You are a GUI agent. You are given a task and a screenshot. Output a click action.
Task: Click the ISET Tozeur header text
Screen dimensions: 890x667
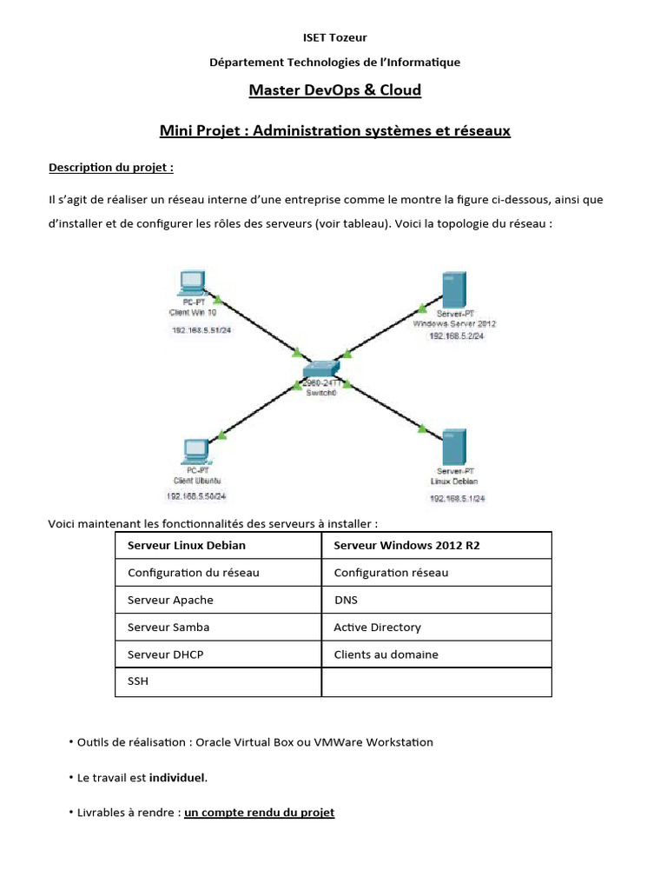pyautogui.click(x=334, y=37)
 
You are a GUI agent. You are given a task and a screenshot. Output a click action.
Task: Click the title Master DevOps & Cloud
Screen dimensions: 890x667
pyautogui.click(x=334, y=90)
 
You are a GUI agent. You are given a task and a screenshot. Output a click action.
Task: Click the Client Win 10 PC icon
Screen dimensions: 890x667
pyautogui.click(x=189, y=283)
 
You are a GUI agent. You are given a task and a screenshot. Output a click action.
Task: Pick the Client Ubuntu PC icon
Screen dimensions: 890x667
pyautogui.click(x=195, y=450)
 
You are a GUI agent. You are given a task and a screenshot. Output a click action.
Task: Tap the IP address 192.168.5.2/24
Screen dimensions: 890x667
pyautogui.click(x=456, y=335)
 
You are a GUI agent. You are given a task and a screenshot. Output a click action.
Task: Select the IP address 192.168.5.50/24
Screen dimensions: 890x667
pyautogui.click(x=196, y=496)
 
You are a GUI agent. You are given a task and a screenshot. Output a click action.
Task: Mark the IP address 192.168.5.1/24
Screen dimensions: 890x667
pyautogui.click(x=457, y=498)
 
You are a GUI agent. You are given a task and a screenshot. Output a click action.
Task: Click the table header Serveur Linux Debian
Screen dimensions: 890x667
pyautogui.click(x=187, y=546)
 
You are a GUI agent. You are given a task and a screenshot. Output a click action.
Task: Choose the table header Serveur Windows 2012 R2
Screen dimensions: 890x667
pyautogui.click(x=406, y=546)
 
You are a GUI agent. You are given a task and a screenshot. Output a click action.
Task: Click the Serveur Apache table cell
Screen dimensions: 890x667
pyautogui.click(x=170, y=601)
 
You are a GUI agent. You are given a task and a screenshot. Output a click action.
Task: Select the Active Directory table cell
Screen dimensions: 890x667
pyautogui.click(x=377, y=628)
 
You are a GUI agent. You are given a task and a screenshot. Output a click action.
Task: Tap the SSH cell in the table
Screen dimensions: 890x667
pyautogui.click(x=138, y=681)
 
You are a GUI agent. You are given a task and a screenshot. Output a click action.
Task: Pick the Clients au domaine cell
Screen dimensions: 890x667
pyautogui.click(x=386, y=654)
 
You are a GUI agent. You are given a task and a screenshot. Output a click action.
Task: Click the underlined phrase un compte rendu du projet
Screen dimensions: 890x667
pyautogui.click(x=259, y=813)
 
